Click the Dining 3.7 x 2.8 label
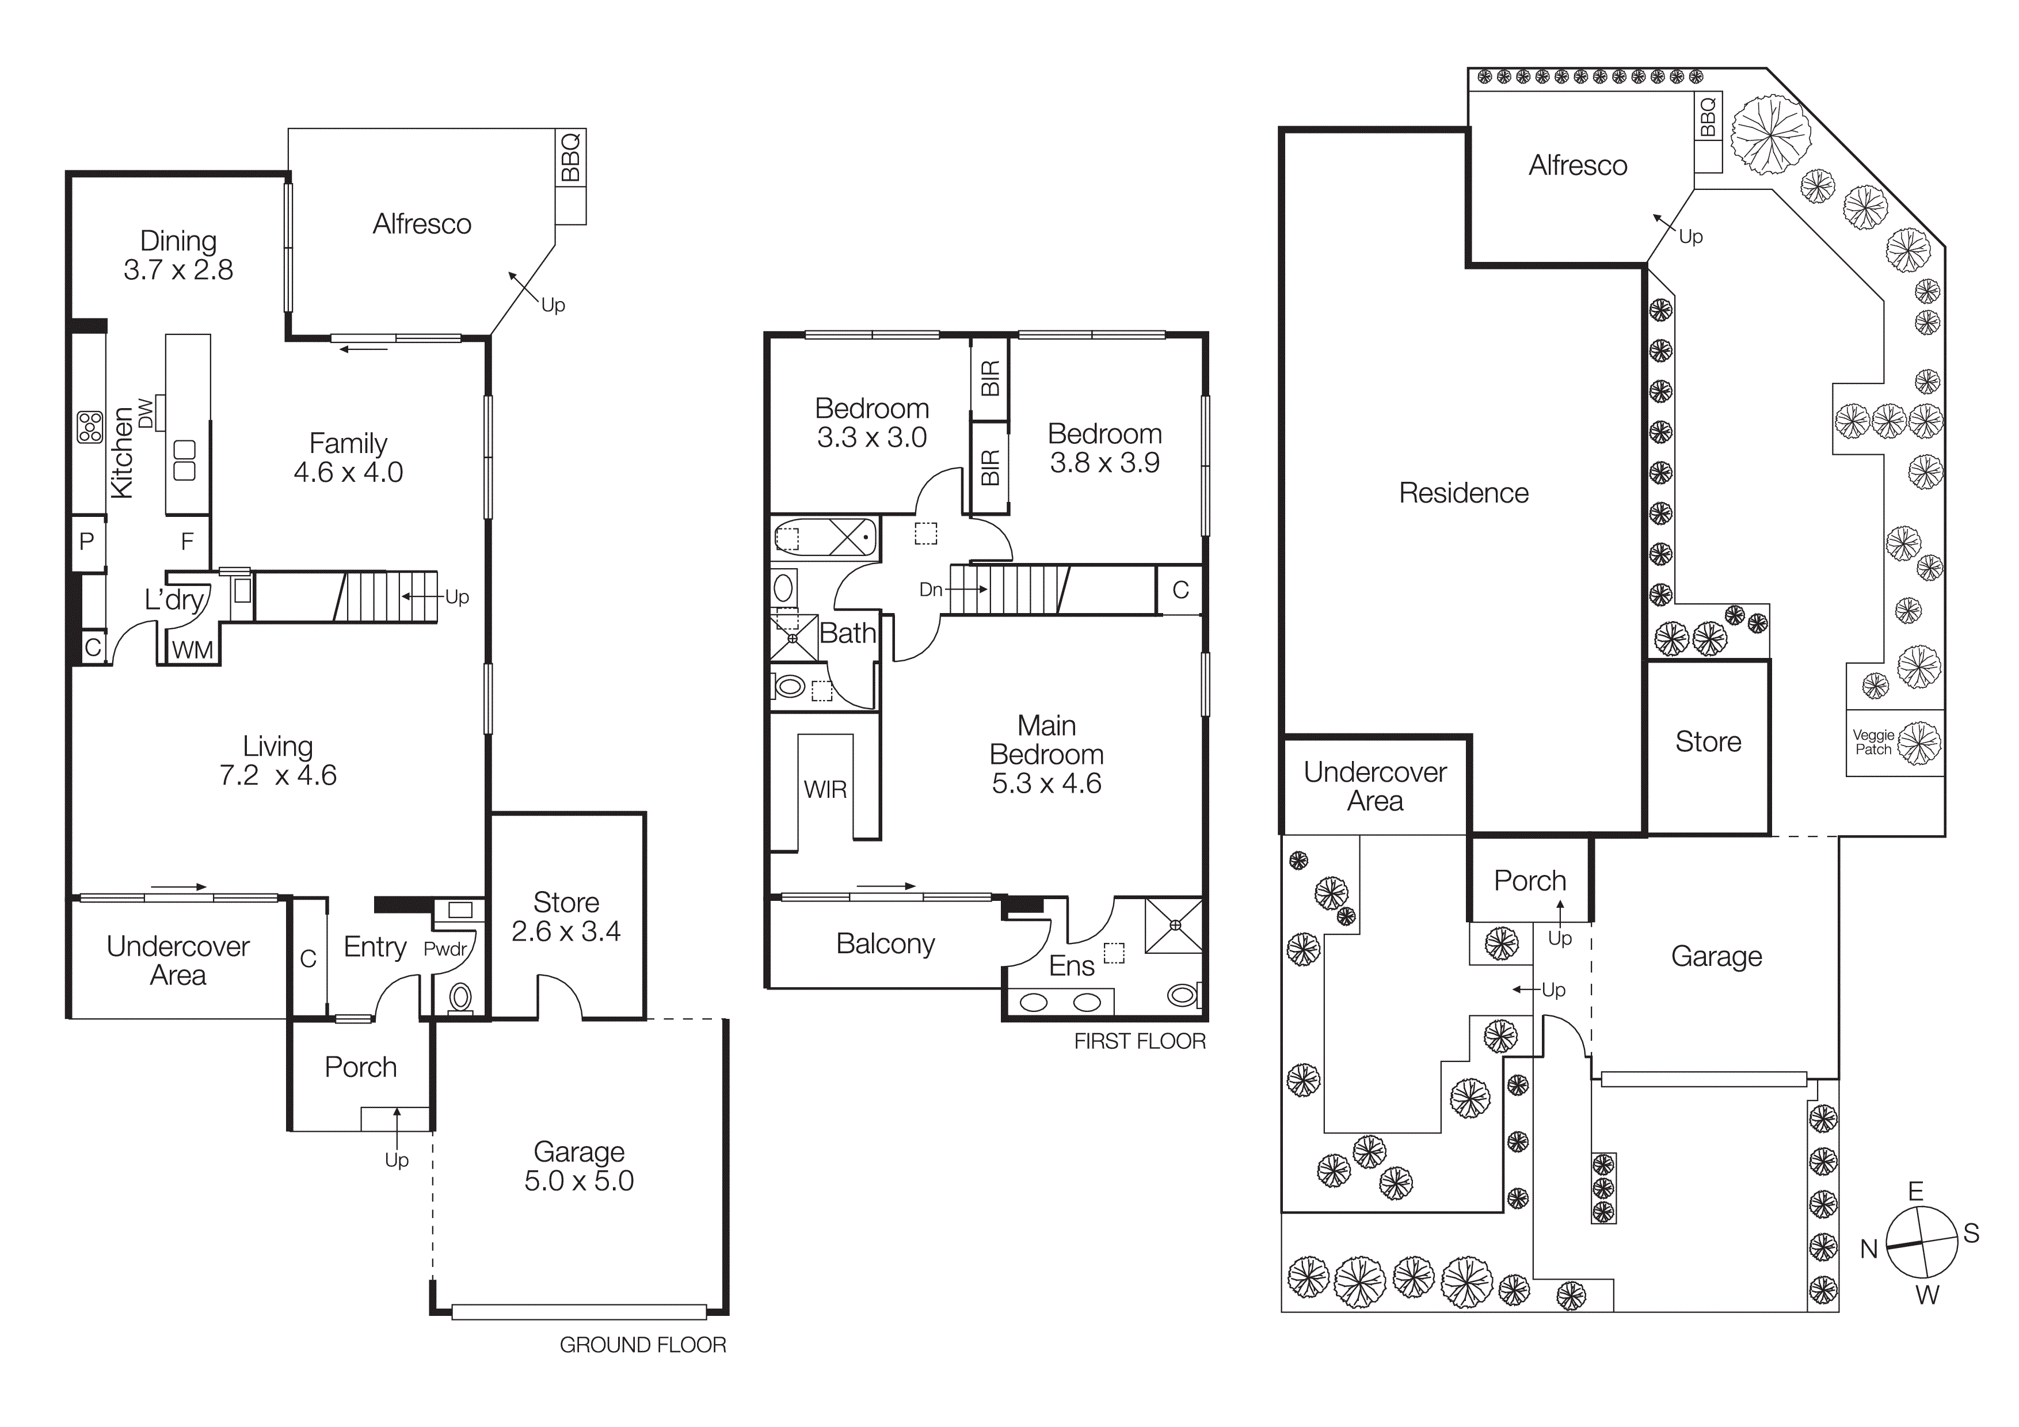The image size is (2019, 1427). [178, 255]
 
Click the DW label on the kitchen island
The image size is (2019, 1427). [146, 413]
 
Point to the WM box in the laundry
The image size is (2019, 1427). [193, 650]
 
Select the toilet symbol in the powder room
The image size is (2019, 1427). [460, 997]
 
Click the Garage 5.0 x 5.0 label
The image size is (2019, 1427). [578, 1166]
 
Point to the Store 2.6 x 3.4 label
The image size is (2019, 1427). [566, 916]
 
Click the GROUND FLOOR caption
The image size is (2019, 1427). [643, 1344]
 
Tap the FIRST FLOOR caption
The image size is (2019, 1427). [1140, 1041]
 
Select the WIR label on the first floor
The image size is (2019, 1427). [825, 790]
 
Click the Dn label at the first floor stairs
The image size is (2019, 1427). [930, 589]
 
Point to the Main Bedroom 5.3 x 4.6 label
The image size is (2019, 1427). [1046, 755]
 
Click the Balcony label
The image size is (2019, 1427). [886, 943]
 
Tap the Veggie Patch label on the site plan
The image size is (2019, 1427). [1873, 742]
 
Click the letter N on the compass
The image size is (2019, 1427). [1869, 1249]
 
